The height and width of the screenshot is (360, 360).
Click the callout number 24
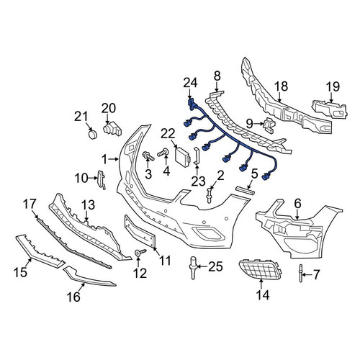pos(190,83)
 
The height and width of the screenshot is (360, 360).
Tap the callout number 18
pos(281,86)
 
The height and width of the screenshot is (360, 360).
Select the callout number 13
pos(88,205)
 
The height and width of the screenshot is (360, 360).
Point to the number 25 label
pos(216,266)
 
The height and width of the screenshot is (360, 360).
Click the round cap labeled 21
pos(92,135)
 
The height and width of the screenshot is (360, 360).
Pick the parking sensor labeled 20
pos(112,129)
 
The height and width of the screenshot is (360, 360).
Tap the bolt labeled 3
pos(148,156)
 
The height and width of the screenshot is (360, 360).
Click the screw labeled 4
pos(163,153)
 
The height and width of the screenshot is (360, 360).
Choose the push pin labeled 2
pos(210,196)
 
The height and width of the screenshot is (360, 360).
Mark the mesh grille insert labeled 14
pos(260,269)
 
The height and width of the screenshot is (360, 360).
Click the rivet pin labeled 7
pos(301,274)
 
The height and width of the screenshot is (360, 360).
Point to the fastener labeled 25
pos(193,268)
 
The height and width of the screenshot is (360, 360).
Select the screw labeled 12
pos(140,252)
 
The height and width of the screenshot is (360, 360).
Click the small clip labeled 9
pos(269,125)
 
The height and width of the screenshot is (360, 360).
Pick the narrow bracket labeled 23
pos(197,156)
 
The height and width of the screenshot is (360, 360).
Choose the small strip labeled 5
pos(245,190)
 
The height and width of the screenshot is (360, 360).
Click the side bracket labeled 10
pos(102,180)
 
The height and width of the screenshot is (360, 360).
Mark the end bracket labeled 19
pos(330,109)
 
